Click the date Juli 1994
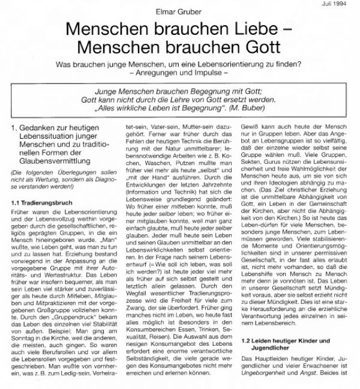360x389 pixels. tap(341, 4)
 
